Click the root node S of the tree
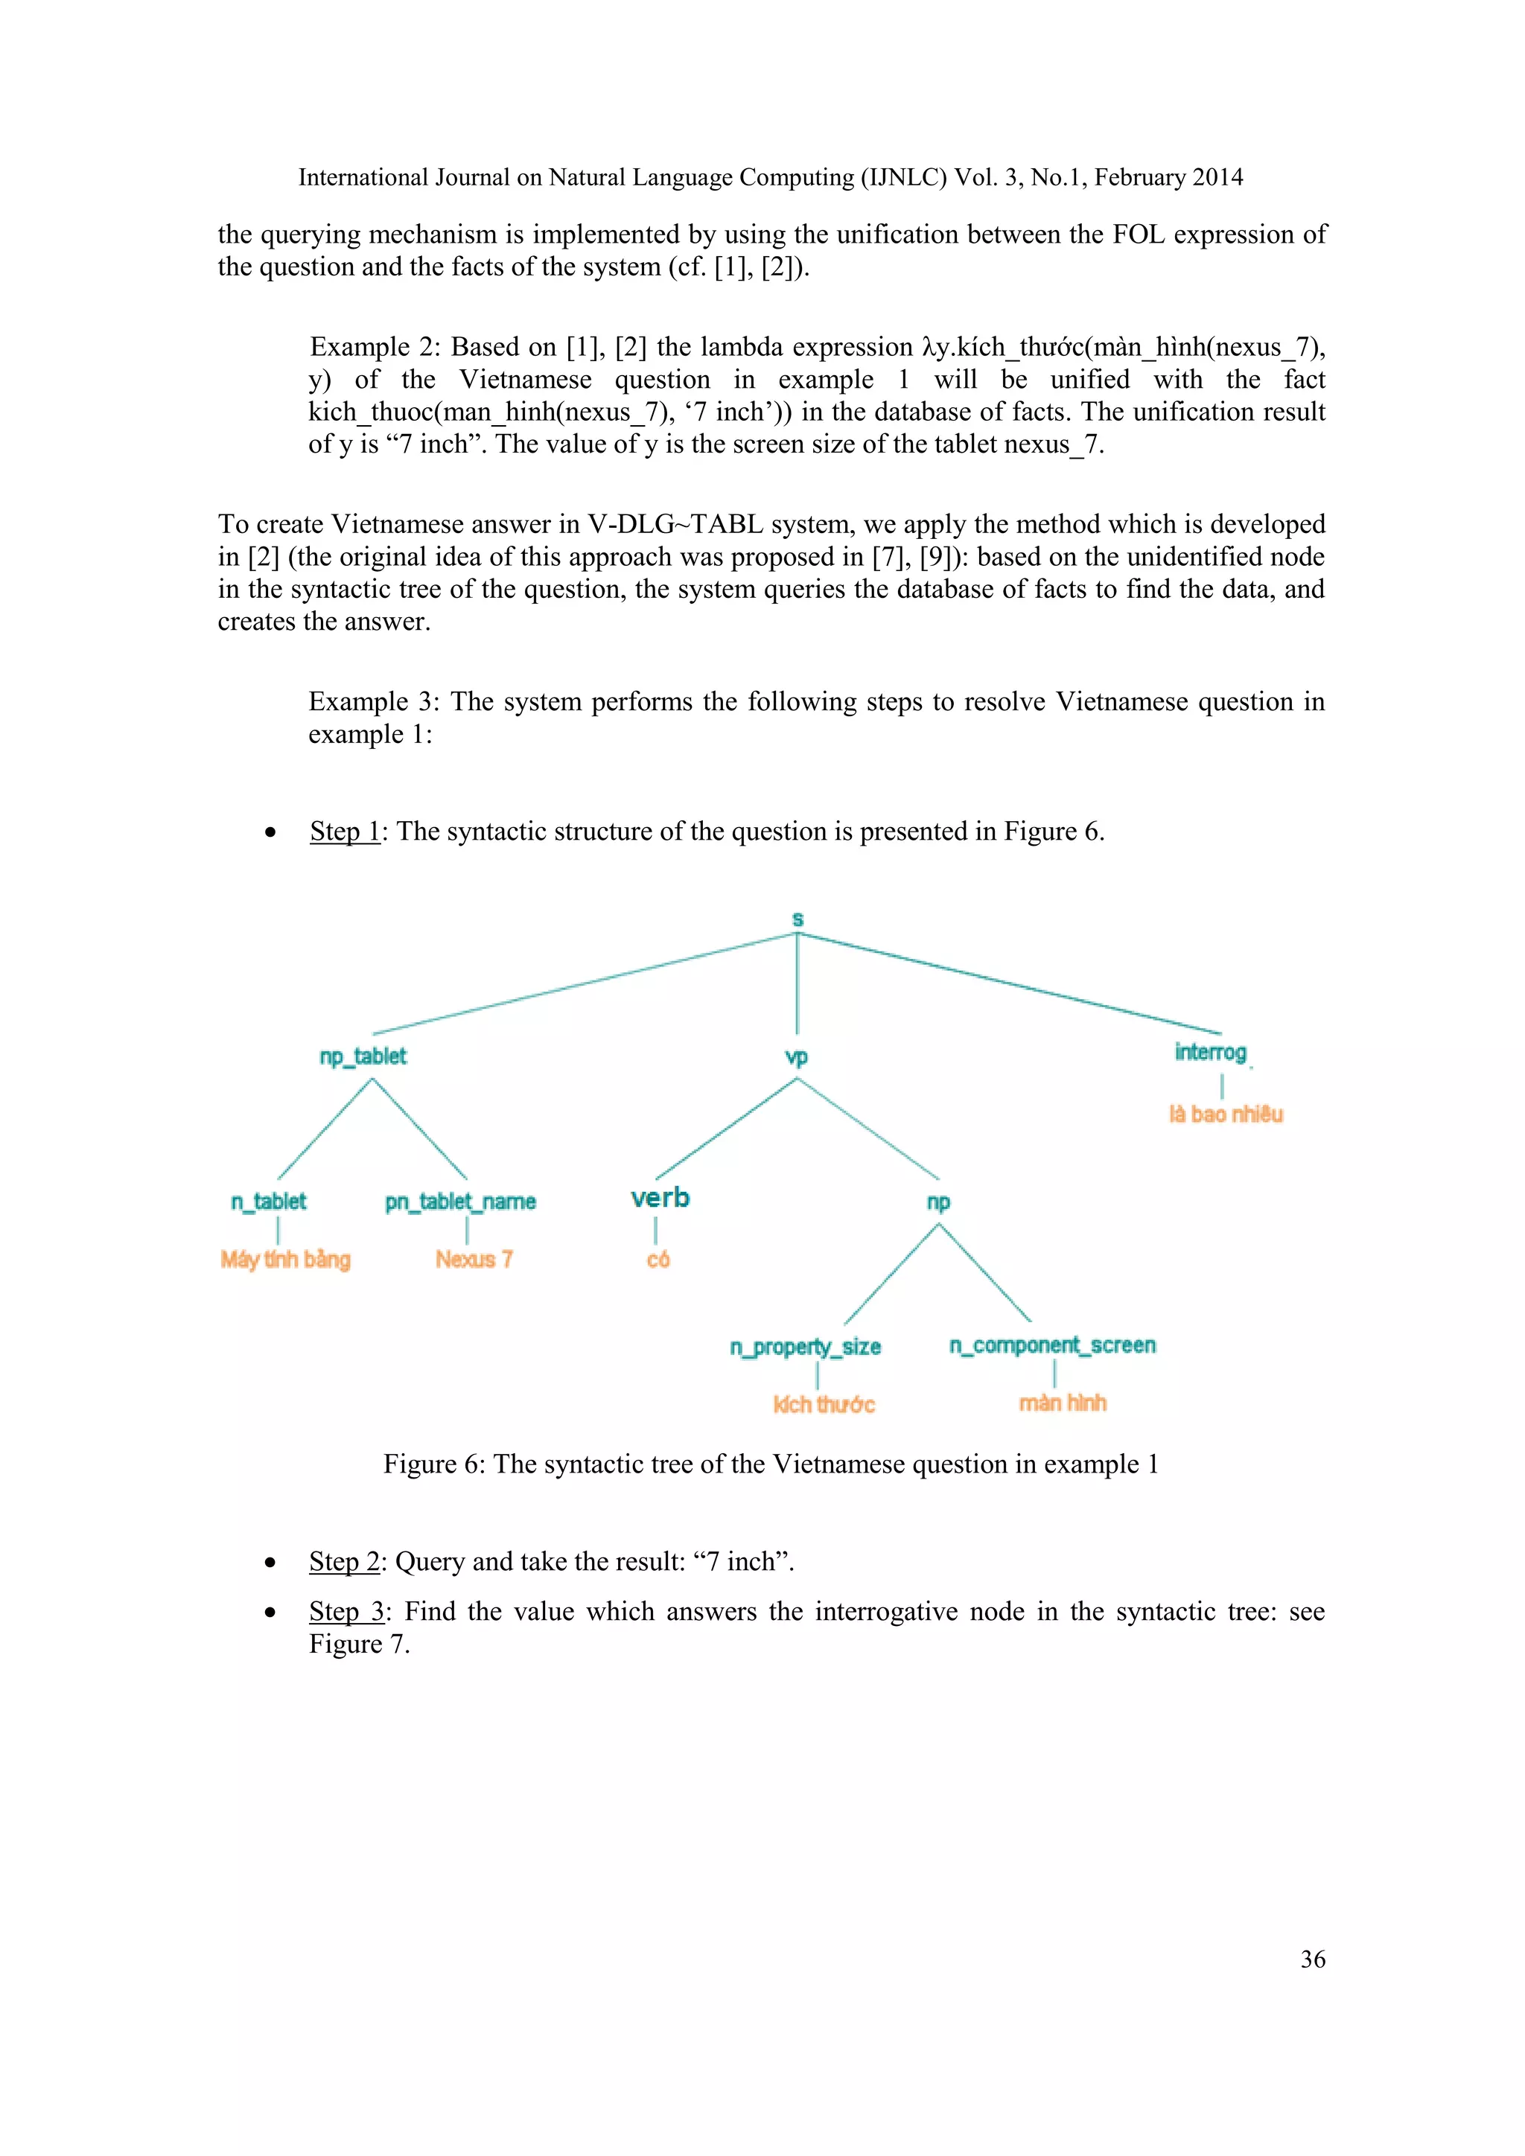pyautogui.click(x=797, y=919)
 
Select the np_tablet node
pyautogui.click(x=363, y=1056)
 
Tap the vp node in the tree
pyautogui.click(x=796, y=1057)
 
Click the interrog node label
pyautogui.click(x=1211, y=1052)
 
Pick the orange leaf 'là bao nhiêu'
pyautogui.click(x=1226, y=1114)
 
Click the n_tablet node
pyautogui.click(x=269, y=1201)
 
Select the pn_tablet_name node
pyautogui.click(x=460, y=1202)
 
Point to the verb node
pyautogui.click(x=660, y=1198)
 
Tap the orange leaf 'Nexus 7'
pyautogui.click(x=474, y=1259)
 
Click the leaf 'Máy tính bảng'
pyautogui.click(x=285, y=1259)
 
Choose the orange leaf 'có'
pyautogui.click(x=658, y=1259)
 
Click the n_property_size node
pyautogui.click(x=806, y=1347)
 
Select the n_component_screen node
pyautogui.click(x=1051, y=1345)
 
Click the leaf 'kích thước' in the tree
pyautogui.click(x=824, y=1405)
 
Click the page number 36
pyautogui.click(x=1313, y=1959)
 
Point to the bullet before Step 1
pyautogui.click(x=270, y=832)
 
